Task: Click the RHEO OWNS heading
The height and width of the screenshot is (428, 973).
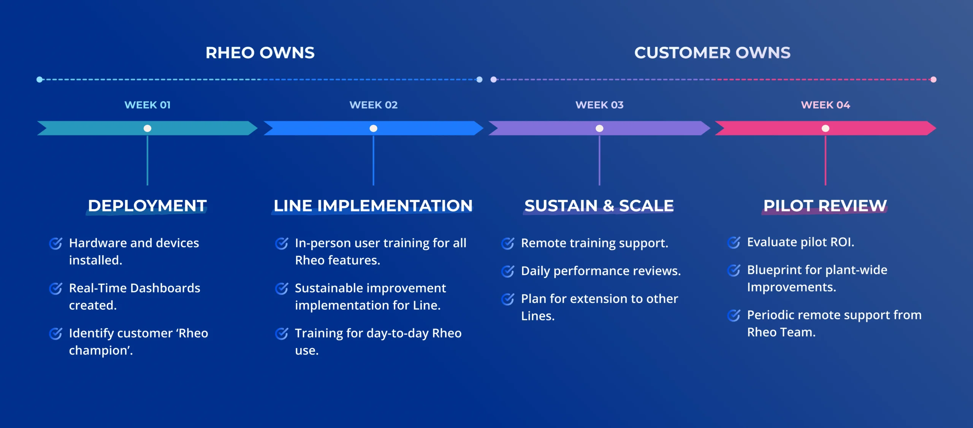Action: (x=260, y=53)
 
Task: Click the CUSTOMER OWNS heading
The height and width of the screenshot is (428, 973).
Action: (x=712, y=53)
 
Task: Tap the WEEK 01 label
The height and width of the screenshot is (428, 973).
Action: (x=147, y=105)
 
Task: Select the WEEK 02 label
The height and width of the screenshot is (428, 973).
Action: (x=373, y=105)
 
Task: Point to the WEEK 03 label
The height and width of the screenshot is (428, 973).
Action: (x=599, y=105)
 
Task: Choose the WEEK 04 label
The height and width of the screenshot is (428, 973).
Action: (x=825, y=105)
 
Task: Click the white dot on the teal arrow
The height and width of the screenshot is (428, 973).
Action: (x=147, y=128)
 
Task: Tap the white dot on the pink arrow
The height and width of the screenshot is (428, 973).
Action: (x=825, y=128)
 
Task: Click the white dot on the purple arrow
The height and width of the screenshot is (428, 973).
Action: (x=599, y=128)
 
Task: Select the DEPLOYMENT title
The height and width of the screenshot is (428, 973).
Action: (x=147, y=206)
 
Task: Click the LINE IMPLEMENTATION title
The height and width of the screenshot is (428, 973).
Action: (x=373, y=206)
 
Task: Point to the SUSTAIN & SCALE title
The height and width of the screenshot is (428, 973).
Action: (x=599, y=206)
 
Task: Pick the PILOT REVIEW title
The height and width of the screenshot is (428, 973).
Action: (x=825, y=206)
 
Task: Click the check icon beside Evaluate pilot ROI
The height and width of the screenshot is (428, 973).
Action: (x=734, y=243)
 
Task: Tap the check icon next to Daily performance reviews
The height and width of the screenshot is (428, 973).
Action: (x=508, y=271)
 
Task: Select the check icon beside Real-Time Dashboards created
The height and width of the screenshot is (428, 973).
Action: (x=55, y=289)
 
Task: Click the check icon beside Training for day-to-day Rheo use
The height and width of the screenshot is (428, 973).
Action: (x=282, y=334)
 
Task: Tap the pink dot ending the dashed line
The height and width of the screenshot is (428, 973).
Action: (x=933, y=79)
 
